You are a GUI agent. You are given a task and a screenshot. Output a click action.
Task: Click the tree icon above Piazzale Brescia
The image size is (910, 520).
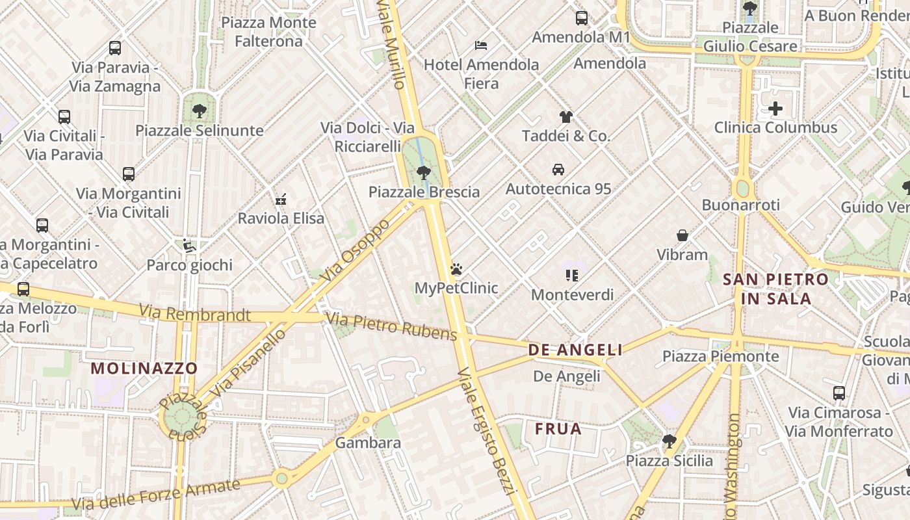coord(424,173)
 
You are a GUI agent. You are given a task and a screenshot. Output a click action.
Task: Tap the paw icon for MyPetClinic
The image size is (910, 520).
coord(456,269)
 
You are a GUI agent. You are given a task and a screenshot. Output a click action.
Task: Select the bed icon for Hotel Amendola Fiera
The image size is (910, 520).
coord(481,45)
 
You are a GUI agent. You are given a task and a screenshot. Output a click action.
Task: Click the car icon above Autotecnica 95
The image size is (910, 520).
coord(558,170)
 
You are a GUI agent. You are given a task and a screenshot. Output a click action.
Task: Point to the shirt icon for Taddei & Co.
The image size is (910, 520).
coord(566,117)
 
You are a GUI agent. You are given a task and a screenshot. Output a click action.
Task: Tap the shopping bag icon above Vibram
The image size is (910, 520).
coord(682,235)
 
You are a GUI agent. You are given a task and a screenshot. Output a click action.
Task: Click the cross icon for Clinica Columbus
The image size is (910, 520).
coord(775,108)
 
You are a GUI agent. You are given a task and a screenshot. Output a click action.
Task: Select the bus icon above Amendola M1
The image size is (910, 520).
coord(582,18)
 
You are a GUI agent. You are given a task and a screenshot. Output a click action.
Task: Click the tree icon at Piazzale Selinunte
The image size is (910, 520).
coord(200,111)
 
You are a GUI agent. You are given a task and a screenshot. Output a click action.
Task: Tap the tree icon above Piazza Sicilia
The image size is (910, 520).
coord(669,442)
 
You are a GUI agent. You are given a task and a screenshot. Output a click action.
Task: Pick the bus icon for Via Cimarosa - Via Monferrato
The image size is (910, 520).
coord(839,393)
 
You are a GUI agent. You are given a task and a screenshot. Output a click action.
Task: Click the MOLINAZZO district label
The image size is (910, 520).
coord(144,369)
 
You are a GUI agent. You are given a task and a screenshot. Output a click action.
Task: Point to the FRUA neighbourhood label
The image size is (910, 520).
coord(558,429)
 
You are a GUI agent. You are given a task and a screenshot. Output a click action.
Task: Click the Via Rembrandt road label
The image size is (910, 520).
coord(194,314)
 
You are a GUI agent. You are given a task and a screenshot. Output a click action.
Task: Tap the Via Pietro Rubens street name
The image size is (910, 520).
coord(392,326)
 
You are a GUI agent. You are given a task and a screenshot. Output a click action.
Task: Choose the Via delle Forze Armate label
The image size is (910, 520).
coord(156,495)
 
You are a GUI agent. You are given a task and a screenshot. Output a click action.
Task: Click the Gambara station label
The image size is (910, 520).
coord(368,443)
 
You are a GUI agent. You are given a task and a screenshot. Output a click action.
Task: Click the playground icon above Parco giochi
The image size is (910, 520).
coord(188,246)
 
